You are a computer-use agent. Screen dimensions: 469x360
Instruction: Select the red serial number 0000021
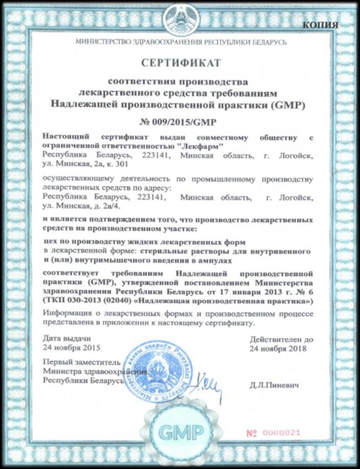pyautogui.click(x=293, y=431)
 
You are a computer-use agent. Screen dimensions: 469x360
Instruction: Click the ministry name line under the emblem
pyautogui.click(x=179, y=42)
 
